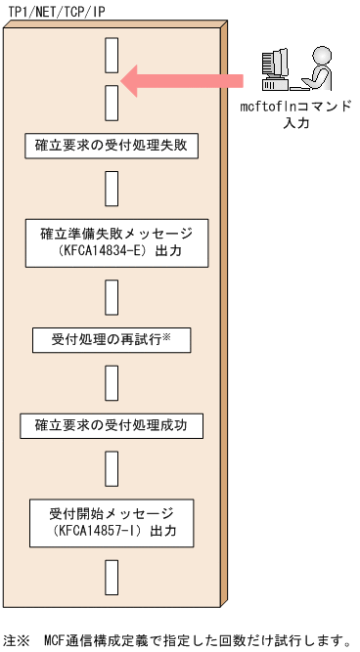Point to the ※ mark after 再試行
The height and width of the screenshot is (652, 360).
166,337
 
